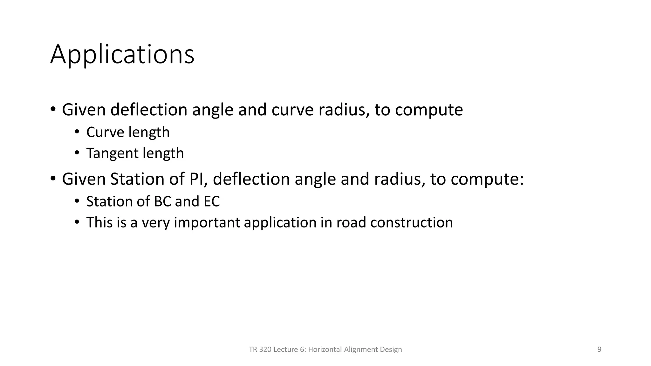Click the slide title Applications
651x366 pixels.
coord(122,55)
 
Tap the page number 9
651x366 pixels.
coord(599,349)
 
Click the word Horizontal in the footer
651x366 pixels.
coord(325,349)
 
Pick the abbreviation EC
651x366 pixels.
coord(209,201)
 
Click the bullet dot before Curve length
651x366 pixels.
coord(77,132)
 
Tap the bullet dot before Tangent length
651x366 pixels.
coord(77,153)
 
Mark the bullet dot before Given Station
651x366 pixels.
coord(53,179)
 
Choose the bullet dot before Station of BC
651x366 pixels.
coord(77,201)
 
